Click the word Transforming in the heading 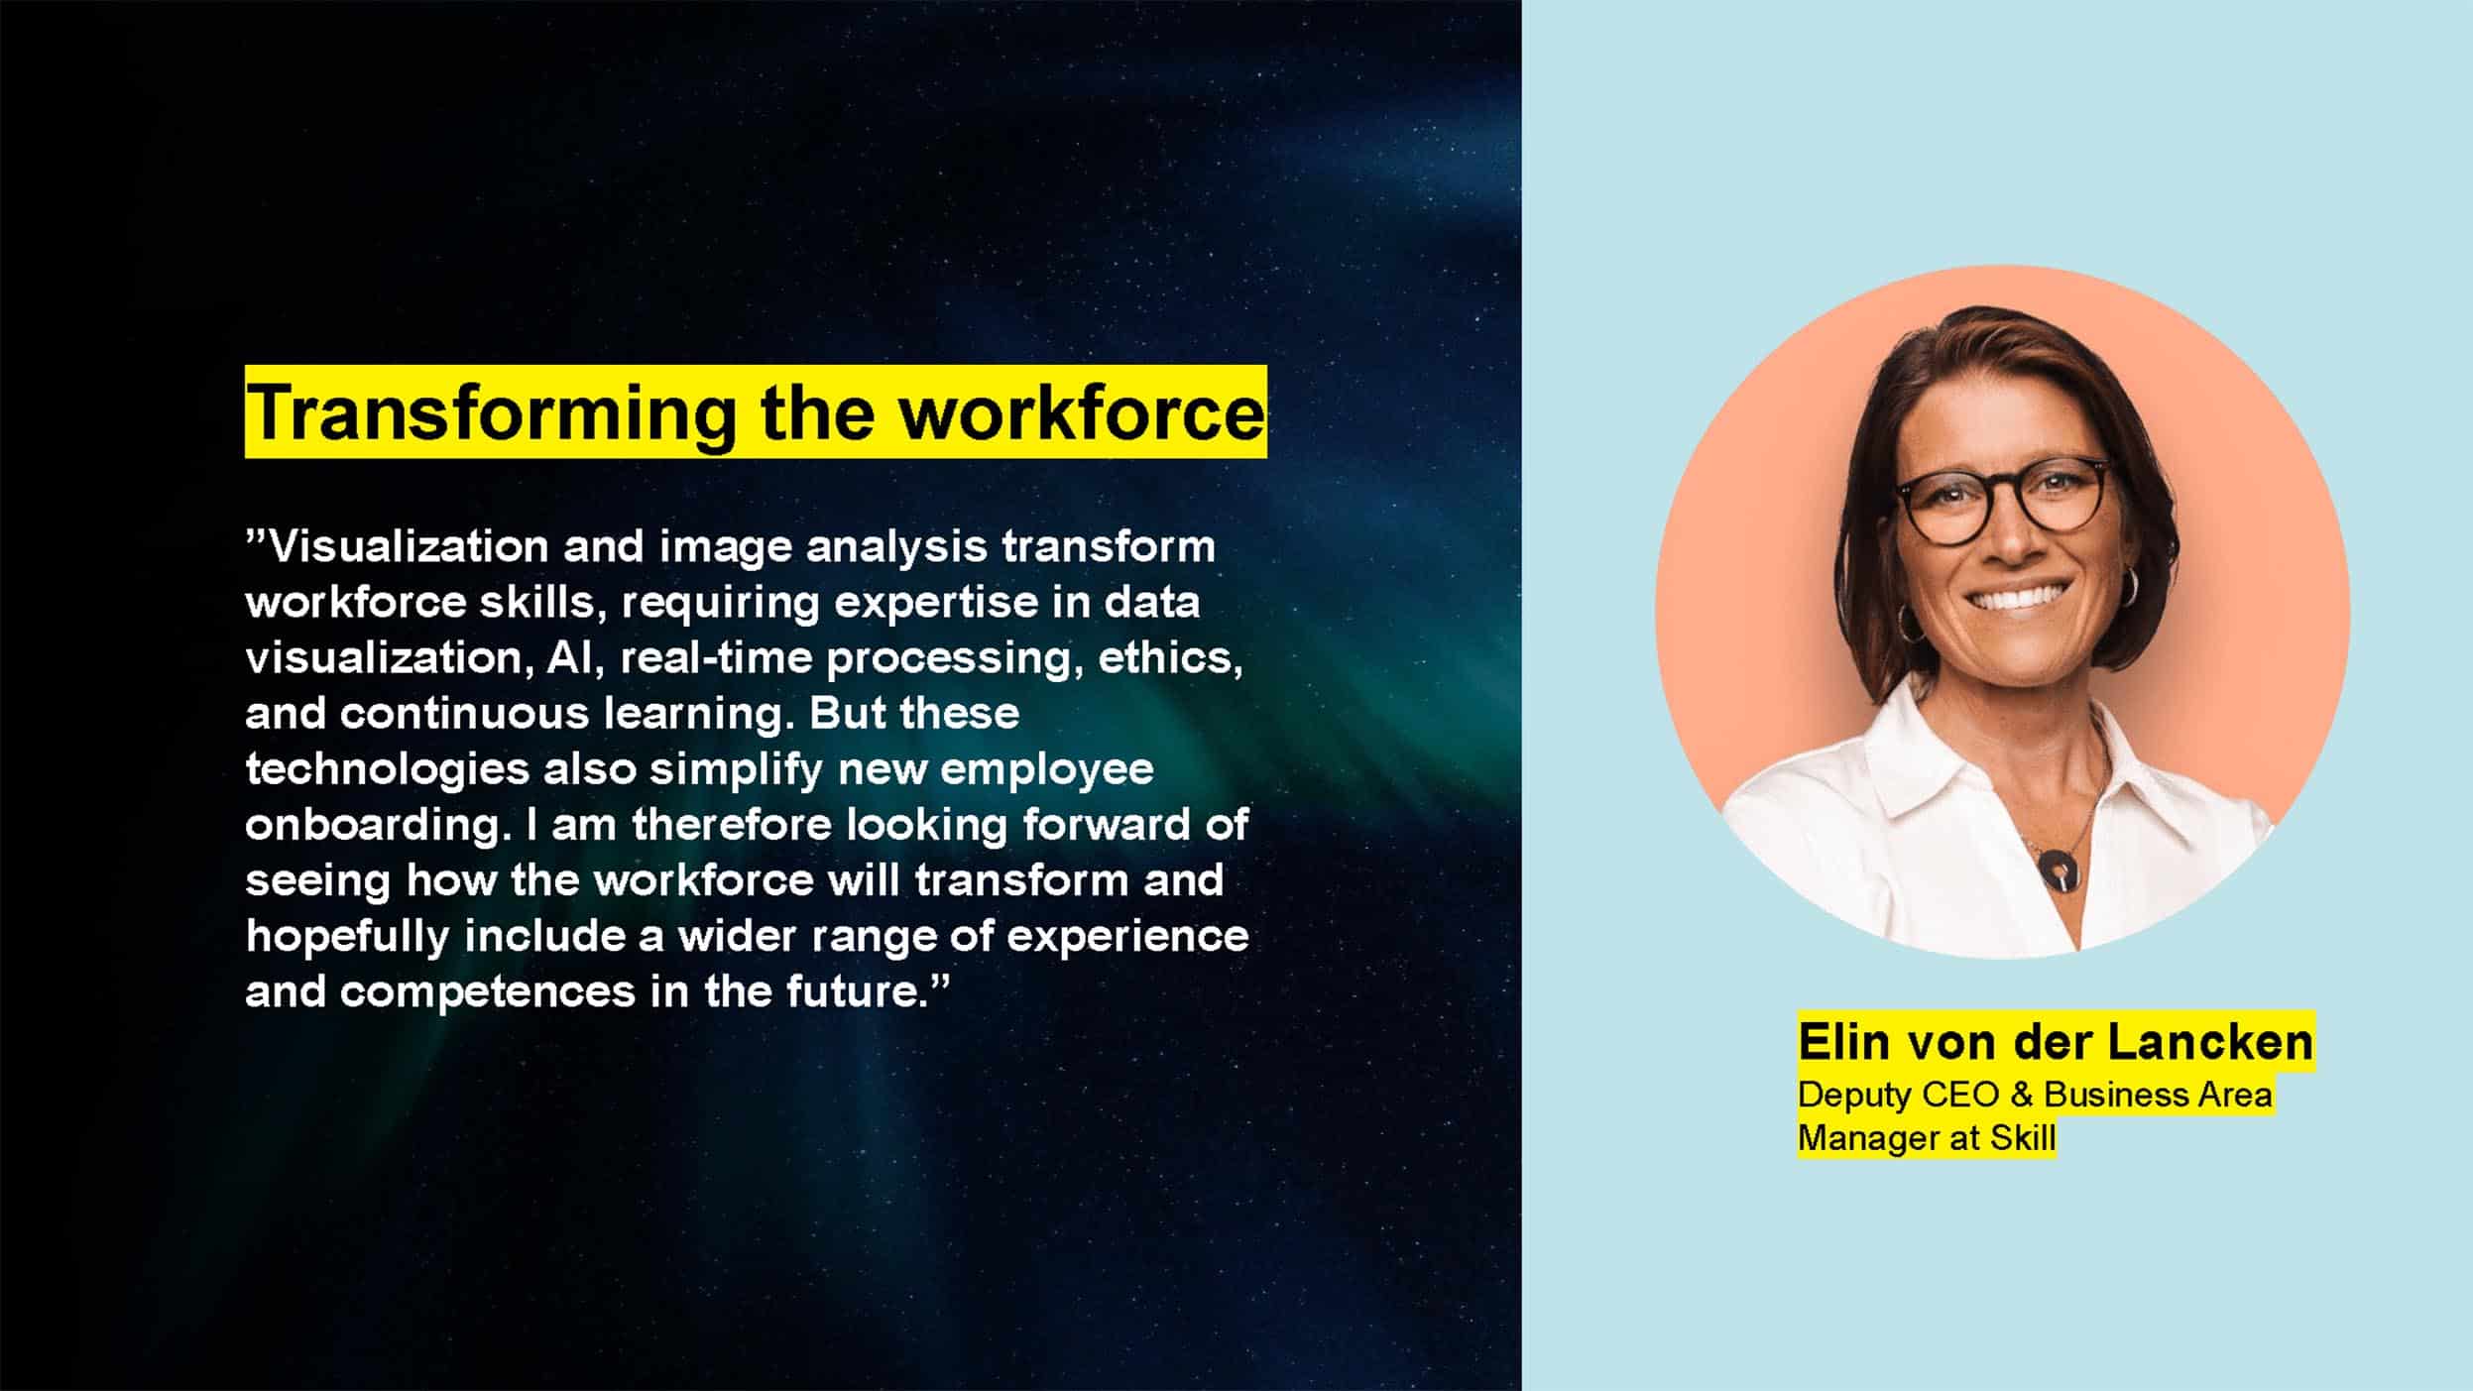(x=491, y=413)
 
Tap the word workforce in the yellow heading (x=1080, y=412)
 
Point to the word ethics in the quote (x=1170, y=658)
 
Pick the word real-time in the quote (x=715, y=657)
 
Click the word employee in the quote (x=1046, y=770)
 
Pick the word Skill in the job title (x=2023, y=1138)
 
